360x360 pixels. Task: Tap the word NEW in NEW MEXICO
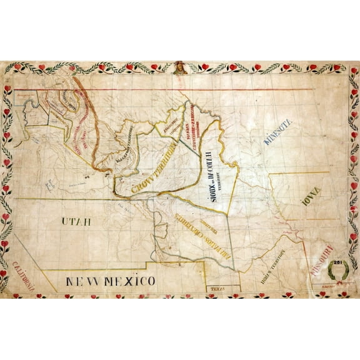point(82,281)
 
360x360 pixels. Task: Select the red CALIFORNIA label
point(23,279)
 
